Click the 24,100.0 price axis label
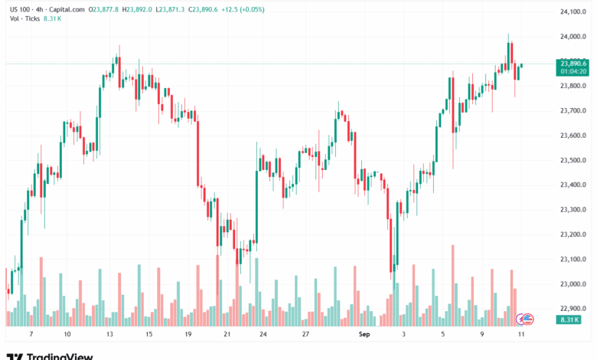pyautogui.click(x=573, y=11)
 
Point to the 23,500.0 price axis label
pyautogui.click(x=573, y=160)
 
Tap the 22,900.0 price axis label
pyautogui.click(x=573, y=309)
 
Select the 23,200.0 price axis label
pyautogui.click(x=573, y=234)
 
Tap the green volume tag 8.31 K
pyautogui.click(x=569, y=319)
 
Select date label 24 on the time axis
pyautogui.click(x=263, y=335)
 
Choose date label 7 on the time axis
pyautogui.click(x=31, y=335)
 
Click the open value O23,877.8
pyautogui.click(x=104, y=8)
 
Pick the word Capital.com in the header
pyautogui.click(x=67, y=8)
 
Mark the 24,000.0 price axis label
pyautogui.click(x=573, y=36)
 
